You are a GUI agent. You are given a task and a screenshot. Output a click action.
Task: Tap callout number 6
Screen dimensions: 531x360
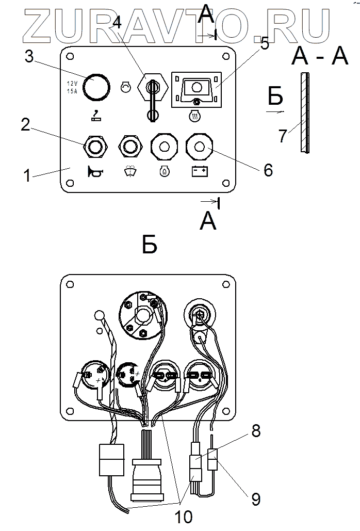[268, 170]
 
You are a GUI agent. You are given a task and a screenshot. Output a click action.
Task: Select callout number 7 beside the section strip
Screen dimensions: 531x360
[282, 136]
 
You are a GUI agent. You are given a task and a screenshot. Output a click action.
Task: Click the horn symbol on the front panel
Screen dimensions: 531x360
[95, 171]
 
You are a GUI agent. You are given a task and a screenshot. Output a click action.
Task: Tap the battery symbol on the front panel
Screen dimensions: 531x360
[199, 171]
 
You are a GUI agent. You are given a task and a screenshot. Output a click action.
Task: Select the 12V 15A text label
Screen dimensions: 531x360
[72, 87]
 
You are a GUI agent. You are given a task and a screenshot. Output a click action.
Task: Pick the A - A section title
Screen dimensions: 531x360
[320, 56]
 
